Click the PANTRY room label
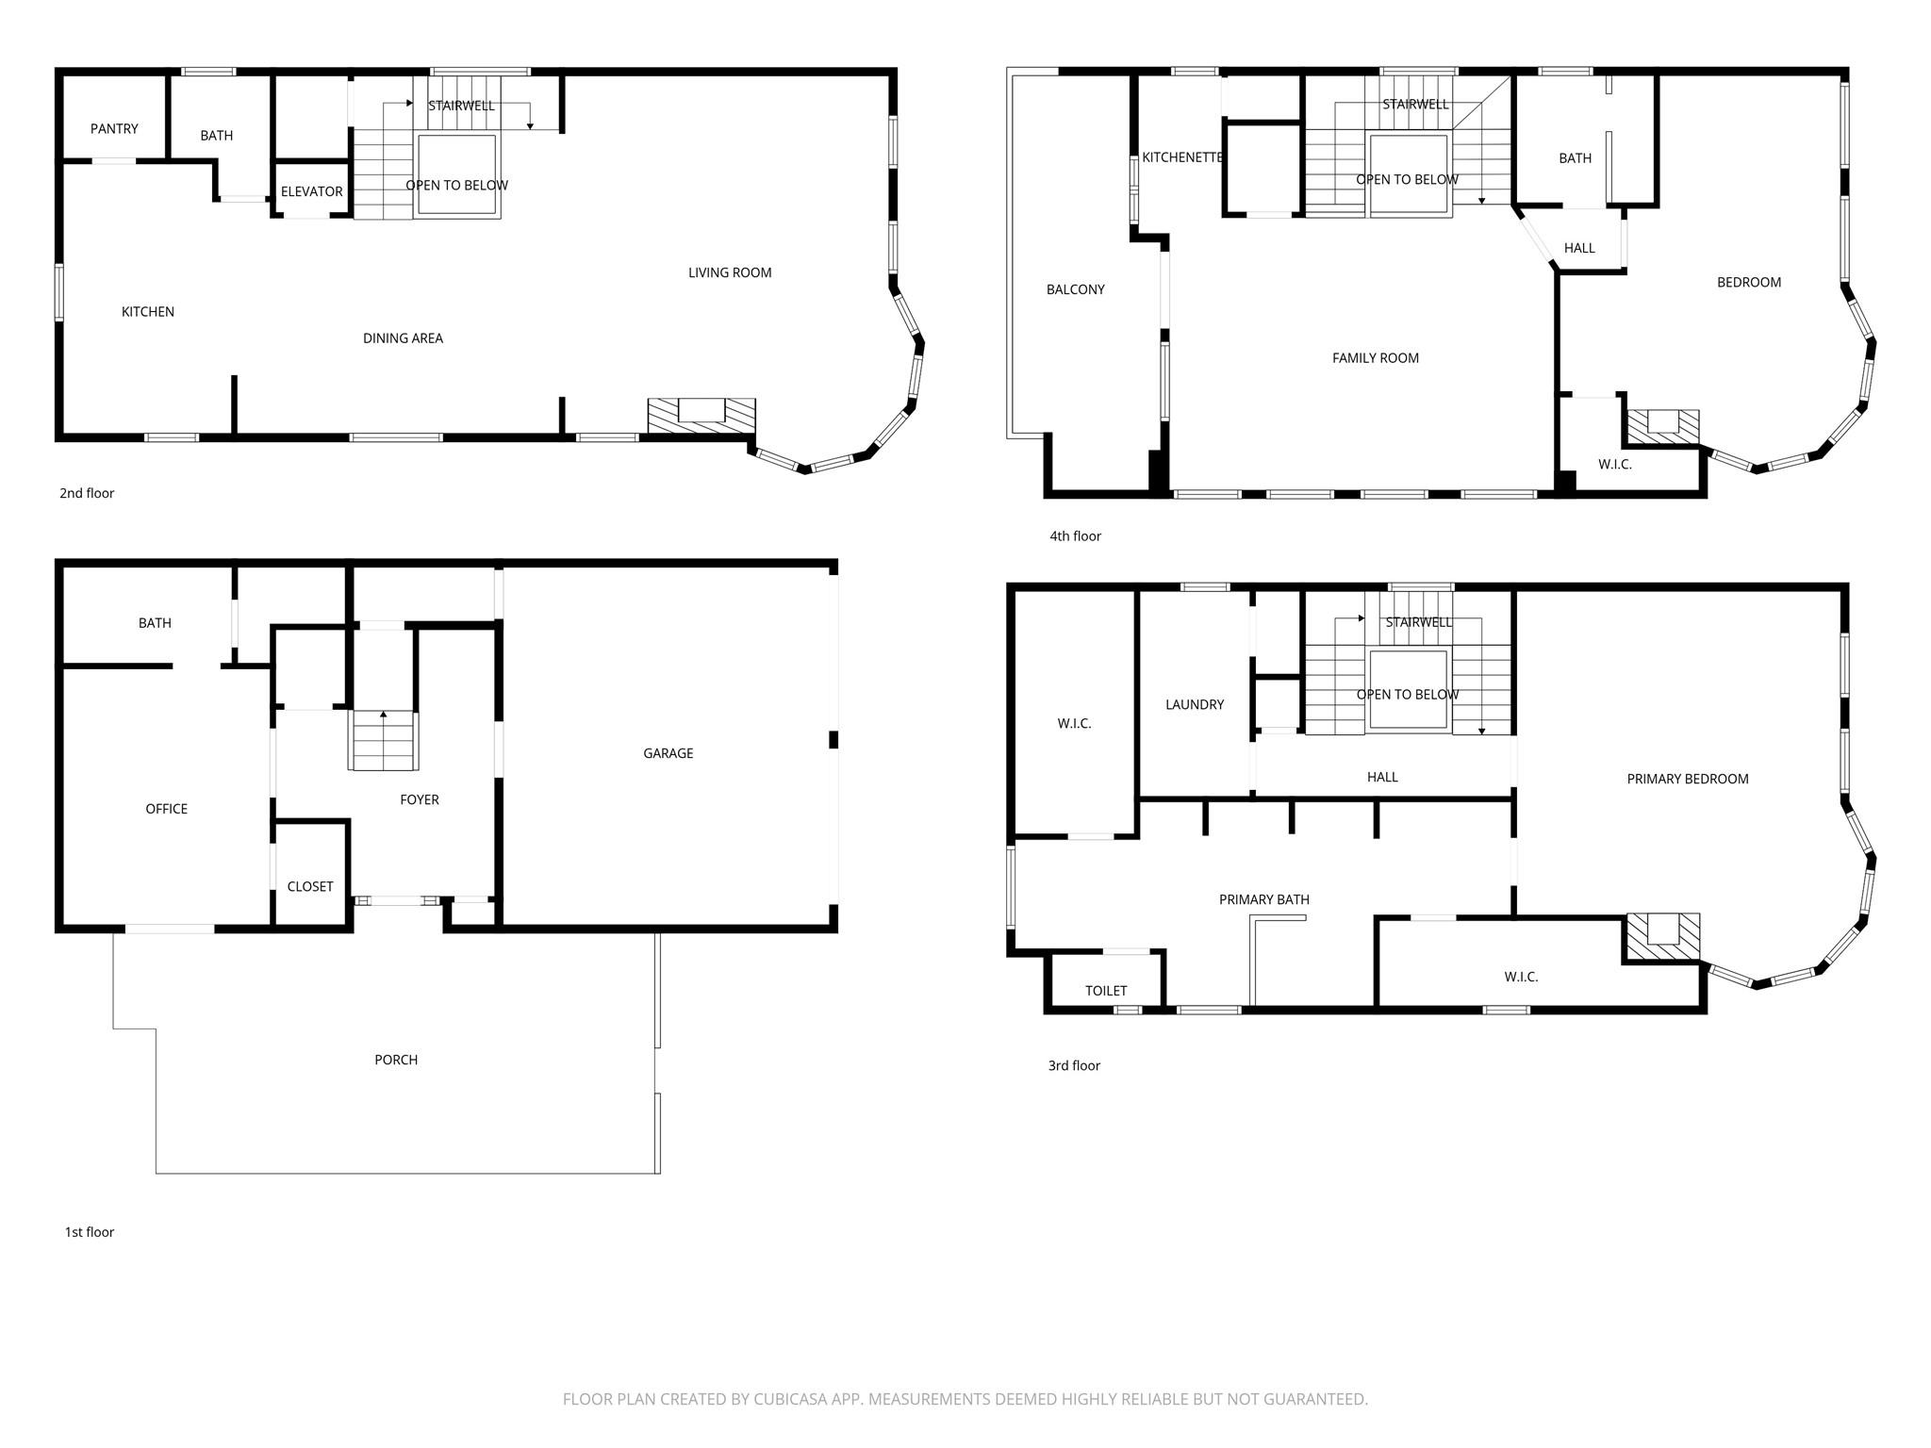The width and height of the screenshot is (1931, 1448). tap(114, 129)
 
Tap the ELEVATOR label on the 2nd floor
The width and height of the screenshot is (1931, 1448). tap(311, 191)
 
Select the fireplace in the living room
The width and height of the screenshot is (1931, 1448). tap(701, 415)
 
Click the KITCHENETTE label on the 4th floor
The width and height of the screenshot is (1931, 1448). tap(1181, 157)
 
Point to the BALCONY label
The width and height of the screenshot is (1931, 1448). tap(1075, 289)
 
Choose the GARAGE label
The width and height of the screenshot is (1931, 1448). tap(668, 753)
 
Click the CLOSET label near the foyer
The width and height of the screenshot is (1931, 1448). tap(310, 887)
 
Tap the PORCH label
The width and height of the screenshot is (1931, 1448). tap(396, 1060)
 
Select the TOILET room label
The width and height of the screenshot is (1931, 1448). tap(1105, 991)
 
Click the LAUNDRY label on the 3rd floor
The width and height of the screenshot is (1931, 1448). tap(1194, 705)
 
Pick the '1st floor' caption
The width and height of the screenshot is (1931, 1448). tap(89, 1232)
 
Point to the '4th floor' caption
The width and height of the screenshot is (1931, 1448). tap(1075, 536)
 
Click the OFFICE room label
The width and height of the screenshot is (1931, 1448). tap(166, 809)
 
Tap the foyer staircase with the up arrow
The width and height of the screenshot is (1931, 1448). tap(384, 741)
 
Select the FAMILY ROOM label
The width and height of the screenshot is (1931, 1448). tap(1375, 358)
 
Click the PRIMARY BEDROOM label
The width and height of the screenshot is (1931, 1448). tap(1687, 779)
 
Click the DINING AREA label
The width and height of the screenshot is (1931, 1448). tap(403, 338)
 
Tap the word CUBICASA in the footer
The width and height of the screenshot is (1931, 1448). tap(791, 1400)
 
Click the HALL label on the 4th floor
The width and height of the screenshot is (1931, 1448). tap(1579, 248)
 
